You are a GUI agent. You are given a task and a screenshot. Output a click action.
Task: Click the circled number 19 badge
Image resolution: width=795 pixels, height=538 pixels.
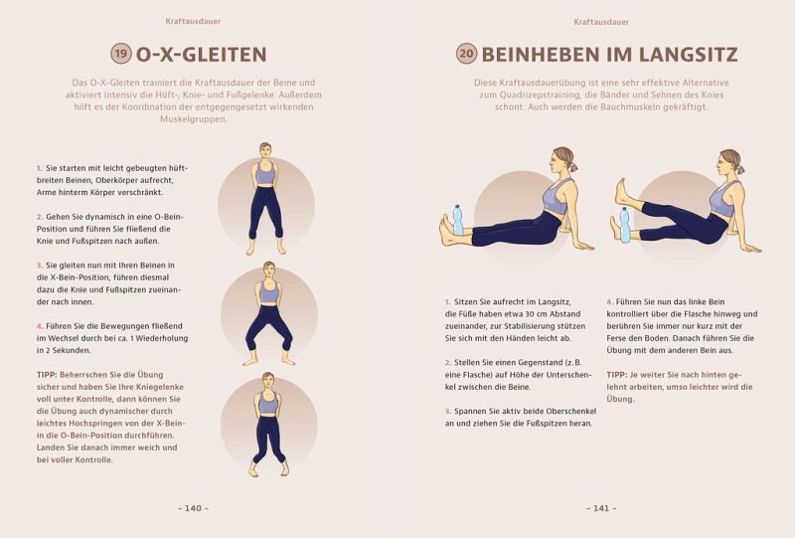coord(121,54)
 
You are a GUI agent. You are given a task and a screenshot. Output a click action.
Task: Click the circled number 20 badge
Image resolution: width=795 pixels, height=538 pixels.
coord(467,54)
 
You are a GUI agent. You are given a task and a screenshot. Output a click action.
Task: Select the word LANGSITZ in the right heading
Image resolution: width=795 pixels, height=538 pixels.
coord(688,55)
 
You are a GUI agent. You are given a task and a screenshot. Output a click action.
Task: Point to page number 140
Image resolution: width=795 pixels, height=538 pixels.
coord(193,508)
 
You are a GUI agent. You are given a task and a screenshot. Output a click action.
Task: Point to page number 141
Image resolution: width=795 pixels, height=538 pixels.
coord(601,508)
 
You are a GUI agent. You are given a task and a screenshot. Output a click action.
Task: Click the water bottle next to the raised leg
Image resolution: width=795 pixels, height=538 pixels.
coord(625,225)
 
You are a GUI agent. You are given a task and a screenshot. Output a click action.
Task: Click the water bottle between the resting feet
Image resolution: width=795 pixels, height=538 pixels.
coord(458,220)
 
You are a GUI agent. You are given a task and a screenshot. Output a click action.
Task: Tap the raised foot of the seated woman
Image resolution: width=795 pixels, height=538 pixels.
coord(623,192)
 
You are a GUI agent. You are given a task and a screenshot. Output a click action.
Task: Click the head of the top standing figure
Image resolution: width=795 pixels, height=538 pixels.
coord(265,151)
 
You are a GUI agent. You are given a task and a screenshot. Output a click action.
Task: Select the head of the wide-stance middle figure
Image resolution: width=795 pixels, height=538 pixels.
coord(269,270)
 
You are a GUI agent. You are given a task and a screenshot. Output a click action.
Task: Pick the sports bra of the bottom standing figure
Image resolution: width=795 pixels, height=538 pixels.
coord(268,404)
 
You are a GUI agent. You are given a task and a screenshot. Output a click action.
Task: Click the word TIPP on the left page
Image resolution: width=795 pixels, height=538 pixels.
coord(47,375)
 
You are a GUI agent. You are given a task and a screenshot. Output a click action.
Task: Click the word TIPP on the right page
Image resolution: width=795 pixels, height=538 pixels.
coord(616,375)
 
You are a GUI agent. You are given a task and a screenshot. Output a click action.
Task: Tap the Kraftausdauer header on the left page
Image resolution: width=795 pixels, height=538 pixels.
coord(193,21)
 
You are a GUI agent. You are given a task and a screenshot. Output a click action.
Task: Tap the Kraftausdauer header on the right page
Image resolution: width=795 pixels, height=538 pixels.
coord(601,22)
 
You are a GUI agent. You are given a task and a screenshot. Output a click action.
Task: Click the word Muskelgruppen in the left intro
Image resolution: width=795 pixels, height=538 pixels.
coord(193,119)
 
